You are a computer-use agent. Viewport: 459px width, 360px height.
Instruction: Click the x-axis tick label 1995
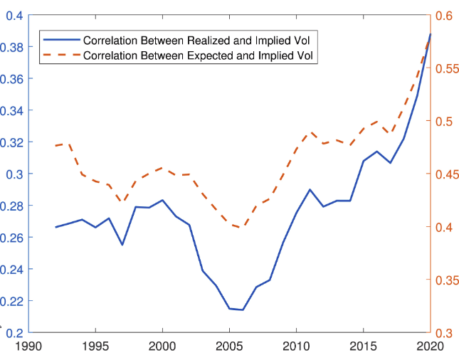[x=95, y=346]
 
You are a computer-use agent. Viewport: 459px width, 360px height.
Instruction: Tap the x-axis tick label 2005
[x=229, y=346]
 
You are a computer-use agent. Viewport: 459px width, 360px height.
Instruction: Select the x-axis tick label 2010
[x=296, y=346]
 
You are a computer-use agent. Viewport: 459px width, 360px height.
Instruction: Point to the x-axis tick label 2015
[x=363, y=346]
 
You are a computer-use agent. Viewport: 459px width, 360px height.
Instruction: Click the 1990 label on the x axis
[x=28, y=346]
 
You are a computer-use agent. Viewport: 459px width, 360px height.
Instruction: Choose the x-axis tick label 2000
[x=162, y=346]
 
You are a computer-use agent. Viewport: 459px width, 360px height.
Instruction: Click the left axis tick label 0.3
[x=15, y=174]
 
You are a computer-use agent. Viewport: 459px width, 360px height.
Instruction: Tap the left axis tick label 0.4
[x=15, y=16]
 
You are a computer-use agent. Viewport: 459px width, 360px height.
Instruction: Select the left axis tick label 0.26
[x=11, y=238]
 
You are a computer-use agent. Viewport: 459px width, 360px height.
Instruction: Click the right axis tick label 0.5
[x=444, y=122]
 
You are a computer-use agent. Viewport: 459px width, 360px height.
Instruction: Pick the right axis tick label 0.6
[x=444, y=16]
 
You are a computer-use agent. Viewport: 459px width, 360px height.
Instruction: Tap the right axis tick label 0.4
[x=444, y=228]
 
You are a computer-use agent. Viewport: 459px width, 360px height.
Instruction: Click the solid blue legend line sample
[x=62, y=40]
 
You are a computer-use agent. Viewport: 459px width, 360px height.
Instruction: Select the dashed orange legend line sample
[x=62, y=55]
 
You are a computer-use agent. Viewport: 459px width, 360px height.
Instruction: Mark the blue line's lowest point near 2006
[x=243, y=309]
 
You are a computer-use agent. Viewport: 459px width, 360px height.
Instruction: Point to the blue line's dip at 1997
[x=122, y=245]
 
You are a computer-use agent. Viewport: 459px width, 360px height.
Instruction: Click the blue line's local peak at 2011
[x=310, y=190]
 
